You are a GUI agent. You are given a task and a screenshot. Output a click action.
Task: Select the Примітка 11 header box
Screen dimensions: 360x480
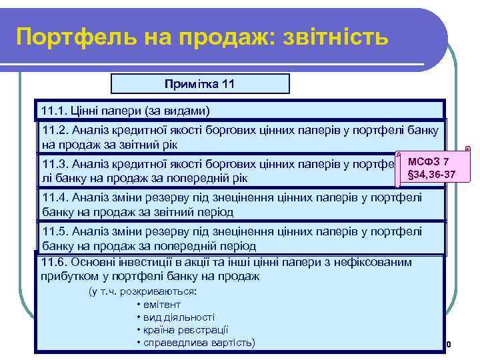[200, 84]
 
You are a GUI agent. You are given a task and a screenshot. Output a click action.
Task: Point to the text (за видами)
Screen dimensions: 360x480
[176, 109]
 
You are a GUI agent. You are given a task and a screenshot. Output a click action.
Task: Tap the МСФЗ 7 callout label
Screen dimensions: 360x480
[428, 162]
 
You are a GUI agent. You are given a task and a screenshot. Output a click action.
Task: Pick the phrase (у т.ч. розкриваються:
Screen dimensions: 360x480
[143, 292]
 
